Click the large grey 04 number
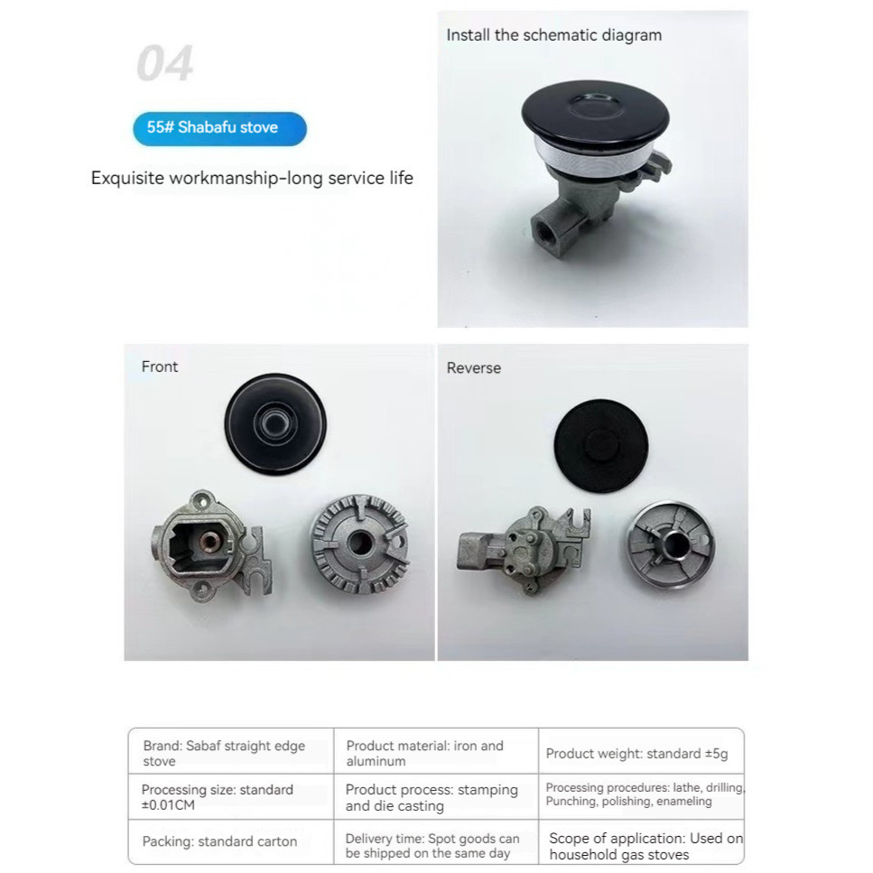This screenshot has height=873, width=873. tap(165, 63)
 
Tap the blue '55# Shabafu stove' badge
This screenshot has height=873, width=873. tap(219, 128)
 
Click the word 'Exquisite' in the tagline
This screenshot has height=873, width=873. tap(127, 178)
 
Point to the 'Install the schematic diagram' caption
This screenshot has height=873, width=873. tap(554, 35)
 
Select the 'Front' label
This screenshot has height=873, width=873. tap(160, 367)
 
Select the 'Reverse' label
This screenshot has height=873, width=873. tap(474, 368)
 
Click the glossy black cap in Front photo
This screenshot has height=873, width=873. tap(275, 424)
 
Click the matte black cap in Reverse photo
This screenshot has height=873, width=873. tap(601, 446)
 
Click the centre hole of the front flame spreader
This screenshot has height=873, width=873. tap(360, 542)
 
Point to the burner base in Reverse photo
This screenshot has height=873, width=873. tap(524, 549)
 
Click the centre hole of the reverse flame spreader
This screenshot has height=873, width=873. tap(674, 543)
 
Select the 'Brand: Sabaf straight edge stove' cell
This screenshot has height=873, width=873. tap(224, 753)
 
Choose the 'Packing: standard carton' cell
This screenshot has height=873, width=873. tap(219, 841)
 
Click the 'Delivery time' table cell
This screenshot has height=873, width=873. tap(432, 846)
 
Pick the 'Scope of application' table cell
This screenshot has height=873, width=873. tap(645, 846)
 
